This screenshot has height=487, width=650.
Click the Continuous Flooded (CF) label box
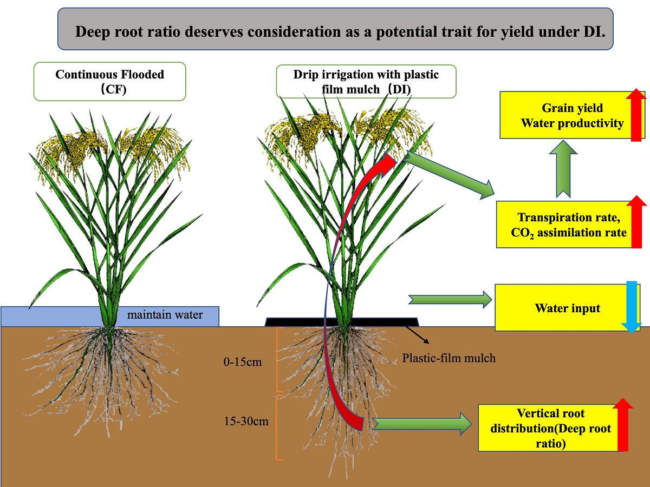[109, 81]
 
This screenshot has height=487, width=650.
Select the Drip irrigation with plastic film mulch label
[366, 81]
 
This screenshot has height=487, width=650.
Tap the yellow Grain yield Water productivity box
[566, 116]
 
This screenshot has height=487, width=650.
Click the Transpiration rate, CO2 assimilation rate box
[566, 225]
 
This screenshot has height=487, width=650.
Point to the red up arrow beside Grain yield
[636, 115]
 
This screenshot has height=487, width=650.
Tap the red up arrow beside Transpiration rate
[636, 222]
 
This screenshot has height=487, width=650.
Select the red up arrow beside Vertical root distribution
[623, 425]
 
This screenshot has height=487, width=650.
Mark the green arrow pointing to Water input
[450, 299]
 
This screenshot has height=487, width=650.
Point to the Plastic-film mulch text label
[448, 358]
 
